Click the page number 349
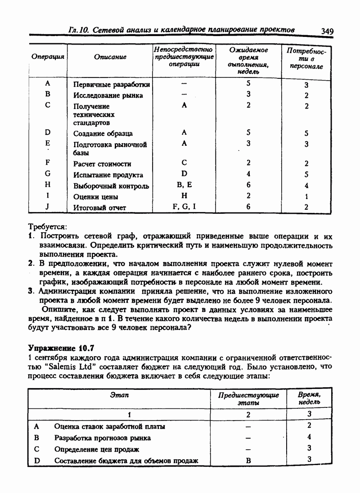[327, 31]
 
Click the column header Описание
[110, 57]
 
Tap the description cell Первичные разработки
[112, 85]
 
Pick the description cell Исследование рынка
[108, 95]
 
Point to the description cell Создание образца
[103, 134]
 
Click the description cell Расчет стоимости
[102, 164]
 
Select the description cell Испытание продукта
[108, 175]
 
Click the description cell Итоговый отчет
[100, 208]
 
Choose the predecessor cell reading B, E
[184, 185]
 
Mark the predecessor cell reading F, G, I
[184, 207]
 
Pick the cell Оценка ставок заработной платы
[109, 426]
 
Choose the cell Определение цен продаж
[97, 449]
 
